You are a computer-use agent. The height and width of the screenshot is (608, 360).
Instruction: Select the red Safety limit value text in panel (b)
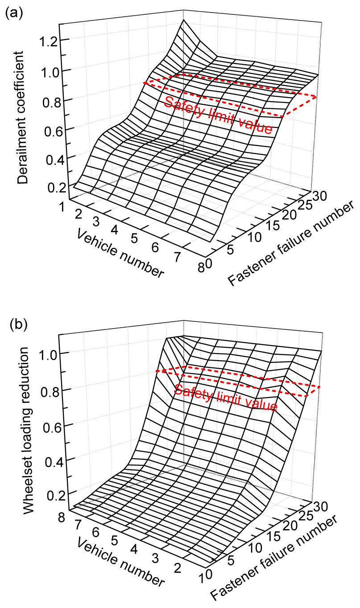(226, 398)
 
